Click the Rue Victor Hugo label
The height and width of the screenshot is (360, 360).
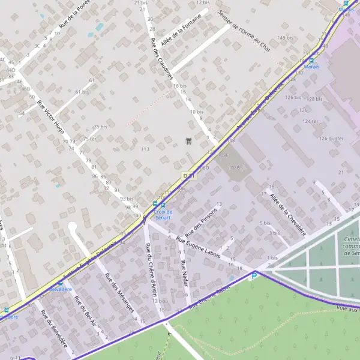click(50, 118)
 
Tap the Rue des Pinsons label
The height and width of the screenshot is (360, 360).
click(198, 226)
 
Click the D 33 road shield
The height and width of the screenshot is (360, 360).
click(188, 175)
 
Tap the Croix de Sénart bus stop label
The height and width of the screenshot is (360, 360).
click(163, 214)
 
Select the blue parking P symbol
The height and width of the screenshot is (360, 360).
click(254, 275)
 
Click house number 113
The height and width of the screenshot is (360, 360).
click(145, 149)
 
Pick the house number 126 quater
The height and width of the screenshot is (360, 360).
click(332, 138)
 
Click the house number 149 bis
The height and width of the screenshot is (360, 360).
click(284, 38)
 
